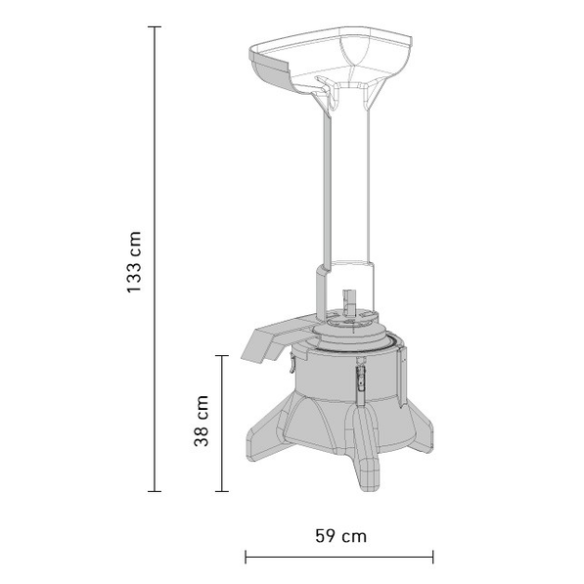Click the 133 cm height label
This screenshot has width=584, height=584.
(x=134, y=262)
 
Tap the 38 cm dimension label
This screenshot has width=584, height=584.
(x=202, y=421)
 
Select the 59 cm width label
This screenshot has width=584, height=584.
(x=340, y=536)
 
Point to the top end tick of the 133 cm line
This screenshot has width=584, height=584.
(x=155, y=27)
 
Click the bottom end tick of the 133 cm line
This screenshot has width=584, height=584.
(x=155, y=491)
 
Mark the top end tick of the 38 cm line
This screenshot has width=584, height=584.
(x=222, y=356)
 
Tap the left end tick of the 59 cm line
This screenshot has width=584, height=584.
(x=246, y=558)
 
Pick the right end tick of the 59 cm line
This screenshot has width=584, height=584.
(x=432, y=558)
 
